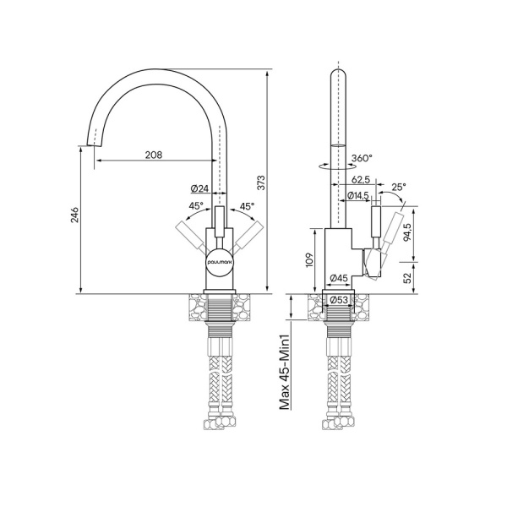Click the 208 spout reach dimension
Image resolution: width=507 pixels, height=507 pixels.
click(154, 155)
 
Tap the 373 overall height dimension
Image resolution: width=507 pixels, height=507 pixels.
click(261, 183)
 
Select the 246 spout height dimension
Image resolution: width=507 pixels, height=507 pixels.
click(74, 215)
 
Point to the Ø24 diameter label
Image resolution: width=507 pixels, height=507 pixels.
click(199, 188)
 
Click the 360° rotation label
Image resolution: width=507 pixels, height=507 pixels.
click(362, 158)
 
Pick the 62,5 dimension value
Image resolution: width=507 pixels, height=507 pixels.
click(361, 179)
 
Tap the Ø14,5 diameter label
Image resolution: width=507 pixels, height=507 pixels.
click(357, 195)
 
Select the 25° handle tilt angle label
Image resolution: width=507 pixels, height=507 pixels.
click(399, 187)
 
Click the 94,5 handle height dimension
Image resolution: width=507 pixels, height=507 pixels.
click(407, 232)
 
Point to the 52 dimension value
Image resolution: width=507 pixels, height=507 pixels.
click(408, 277)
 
